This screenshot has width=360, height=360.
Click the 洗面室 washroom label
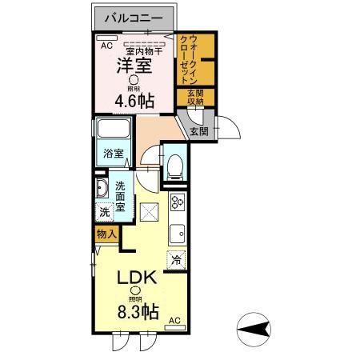pos(120,196)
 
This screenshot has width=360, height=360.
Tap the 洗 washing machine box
pos(104,212)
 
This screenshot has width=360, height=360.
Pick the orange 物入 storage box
pos(106,234)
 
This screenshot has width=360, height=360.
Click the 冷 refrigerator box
pos(177,259)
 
